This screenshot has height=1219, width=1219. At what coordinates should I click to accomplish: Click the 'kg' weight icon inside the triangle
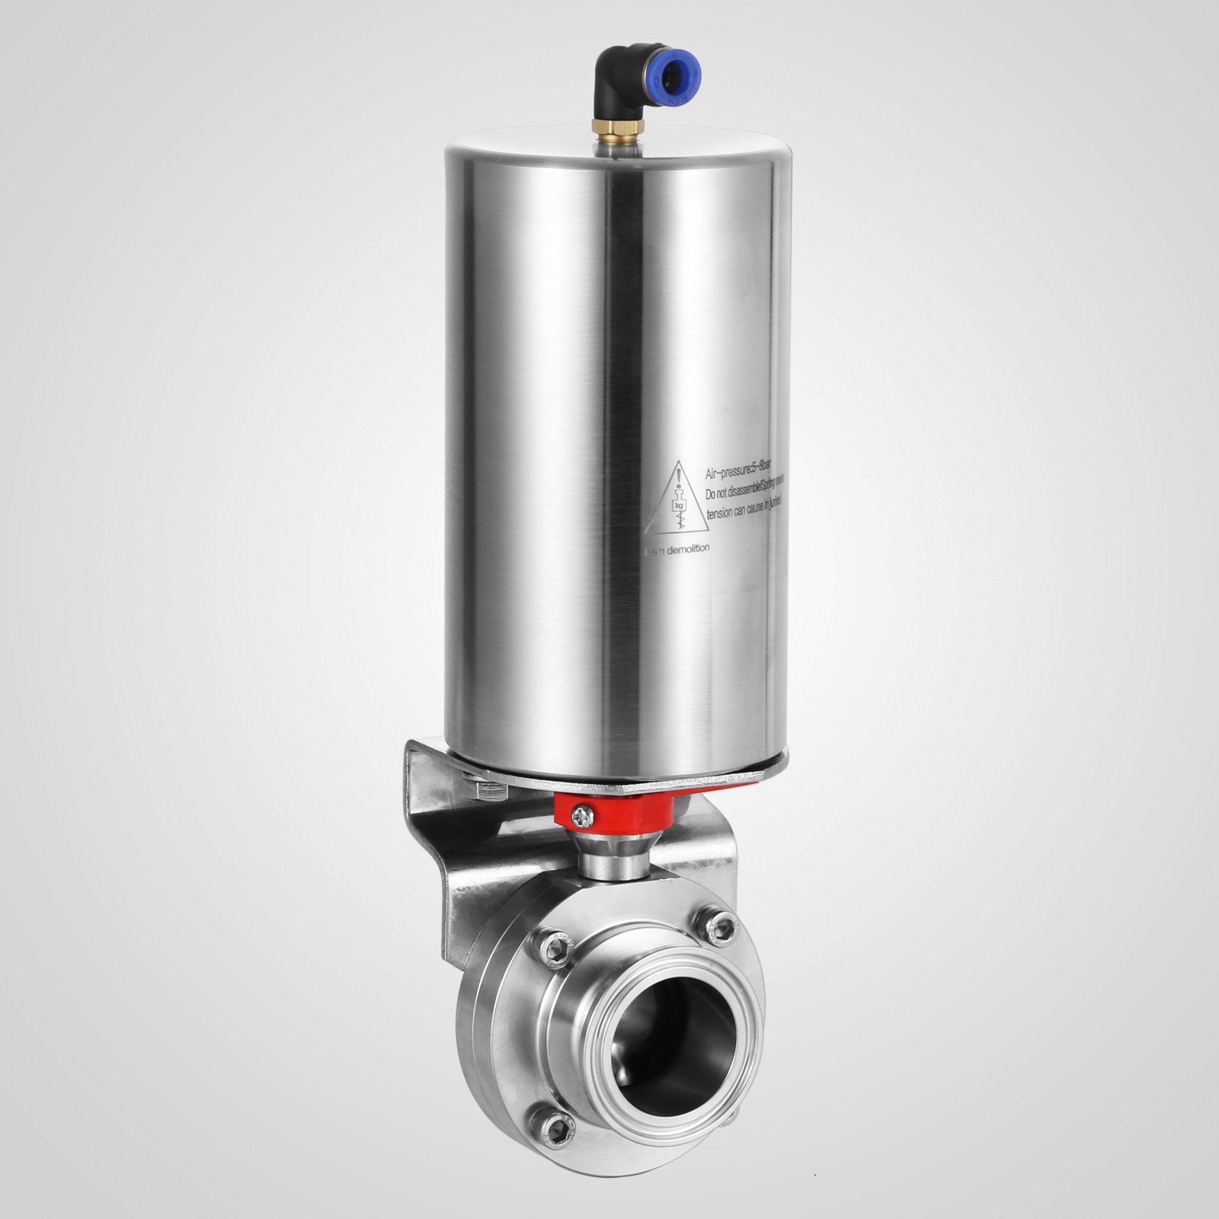click(x=675, y=504)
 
